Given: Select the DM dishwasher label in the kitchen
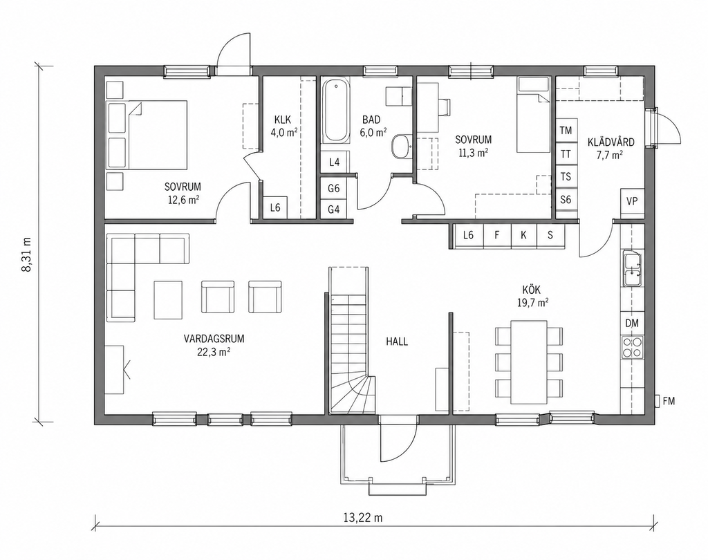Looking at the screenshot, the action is tap(632, 324).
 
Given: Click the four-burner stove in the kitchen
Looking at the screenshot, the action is tap(632, 347).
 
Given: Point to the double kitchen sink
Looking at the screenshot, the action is tap(632, 269).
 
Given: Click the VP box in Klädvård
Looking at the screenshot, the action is tap(632, 201).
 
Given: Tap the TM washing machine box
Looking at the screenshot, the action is tap(566, 131).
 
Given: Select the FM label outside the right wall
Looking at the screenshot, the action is tap(669, 400).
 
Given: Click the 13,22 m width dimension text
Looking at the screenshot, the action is tap(362, 518).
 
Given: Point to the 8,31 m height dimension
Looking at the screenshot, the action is tap(26, 254).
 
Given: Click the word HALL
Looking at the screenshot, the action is tap(397, 342).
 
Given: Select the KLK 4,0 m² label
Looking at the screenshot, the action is tap(283, 126).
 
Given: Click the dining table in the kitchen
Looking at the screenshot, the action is tap(529, 362).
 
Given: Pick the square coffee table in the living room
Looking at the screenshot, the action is tap(168, 299).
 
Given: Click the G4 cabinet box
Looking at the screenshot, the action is tap(334, 209).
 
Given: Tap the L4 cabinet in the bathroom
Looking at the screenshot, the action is tap(334, 162).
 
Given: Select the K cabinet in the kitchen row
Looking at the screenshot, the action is tap(523, 235).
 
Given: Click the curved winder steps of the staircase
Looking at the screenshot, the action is tap(353, 394).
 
